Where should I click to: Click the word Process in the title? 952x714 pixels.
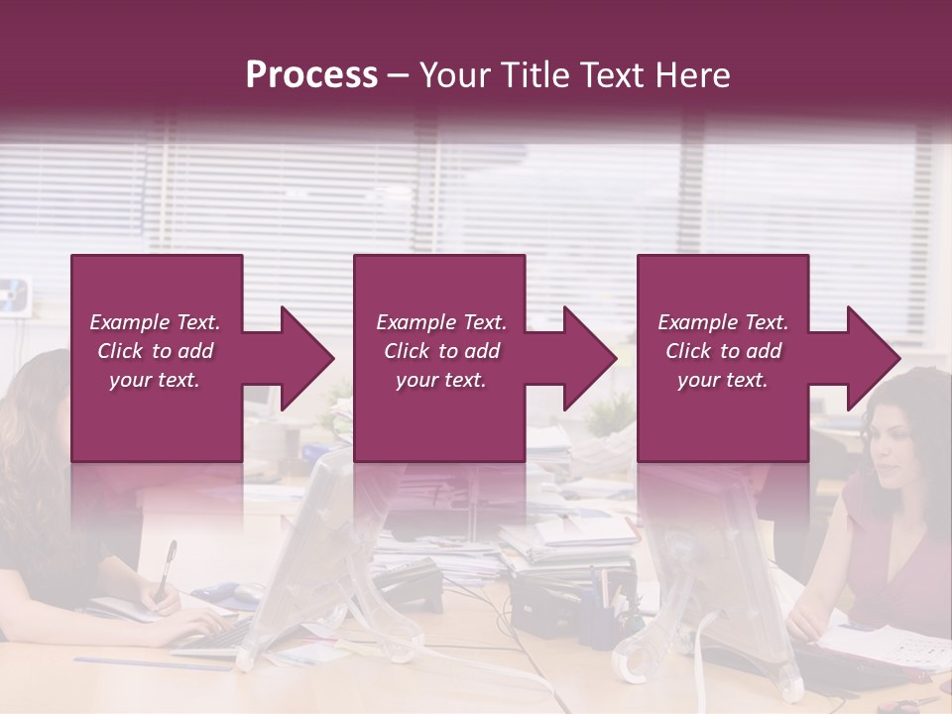point(311,75)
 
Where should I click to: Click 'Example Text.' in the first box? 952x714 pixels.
point(155,322)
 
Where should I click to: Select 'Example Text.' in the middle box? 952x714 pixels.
point(440,322)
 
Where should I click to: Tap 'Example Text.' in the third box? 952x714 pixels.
point(723,322)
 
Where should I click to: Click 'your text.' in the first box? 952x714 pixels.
point(155,380)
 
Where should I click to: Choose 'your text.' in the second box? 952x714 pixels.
point(440,380)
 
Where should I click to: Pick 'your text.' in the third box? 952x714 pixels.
point(723,380)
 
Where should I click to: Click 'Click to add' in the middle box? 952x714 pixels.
point(440,351)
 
